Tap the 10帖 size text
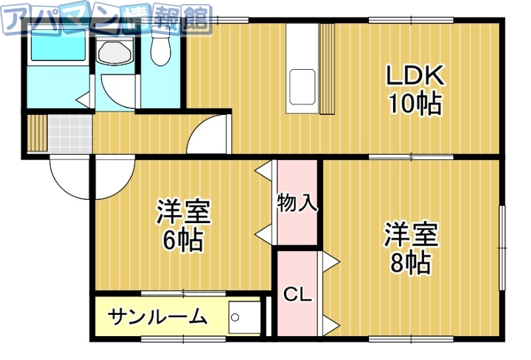(x=415, y=104)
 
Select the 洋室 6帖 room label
(x=183, y=226)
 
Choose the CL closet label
(x=297, y=294)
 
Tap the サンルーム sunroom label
(x=157, y=317)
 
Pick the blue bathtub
(x=56, y=48)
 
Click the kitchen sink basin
(x=302, y=86)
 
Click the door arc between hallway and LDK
(x=209, y=135)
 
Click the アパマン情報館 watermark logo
(x=106, y=19)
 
